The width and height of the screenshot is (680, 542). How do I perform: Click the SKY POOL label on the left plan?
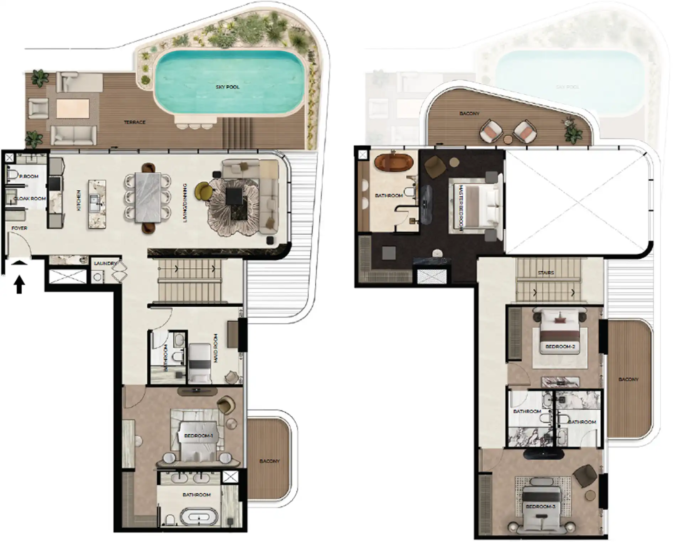tap(227, 87)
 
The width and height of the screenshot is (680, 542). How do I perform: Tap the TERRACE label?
tap(135, 122)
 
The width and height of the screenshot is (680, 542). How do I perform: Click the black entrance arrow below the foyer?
tap(20, 285)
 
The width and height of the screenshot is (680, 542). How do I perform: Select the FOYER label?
tap(19, 228)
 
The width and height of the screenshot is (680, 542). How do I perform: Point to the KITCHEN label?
tap(79, 200)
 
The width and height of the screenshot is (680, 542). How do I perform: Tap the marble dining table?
tap(148, 198)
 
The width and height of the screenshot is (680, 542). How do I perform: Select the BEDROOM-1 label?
tap(198, 436)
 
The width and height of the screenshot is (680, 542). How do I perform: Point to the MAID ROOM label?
tap(216, 348)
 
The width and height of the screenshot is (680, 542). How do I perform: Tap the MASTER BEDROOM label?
tap(461, 208)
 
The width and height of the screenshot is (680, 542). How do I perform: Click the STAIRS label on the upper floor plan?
tap(545, 273)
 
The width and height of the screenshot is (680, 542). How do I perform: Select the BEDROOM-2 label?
tap(560, 346)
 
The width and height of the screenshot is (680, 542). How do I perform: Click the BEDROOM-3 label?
tap(540, 506)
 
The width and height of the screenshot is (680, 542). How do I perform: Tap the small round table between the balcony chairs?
tap(508, 139)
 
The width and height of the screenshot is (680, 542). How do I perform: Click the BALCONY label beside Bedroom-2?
tap(628, 380)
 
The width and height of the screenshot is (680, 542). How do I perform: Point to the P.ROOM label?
tap(29, 176)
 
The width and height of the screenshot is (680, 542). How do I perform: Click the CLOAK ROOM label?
tap(30, 198)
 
